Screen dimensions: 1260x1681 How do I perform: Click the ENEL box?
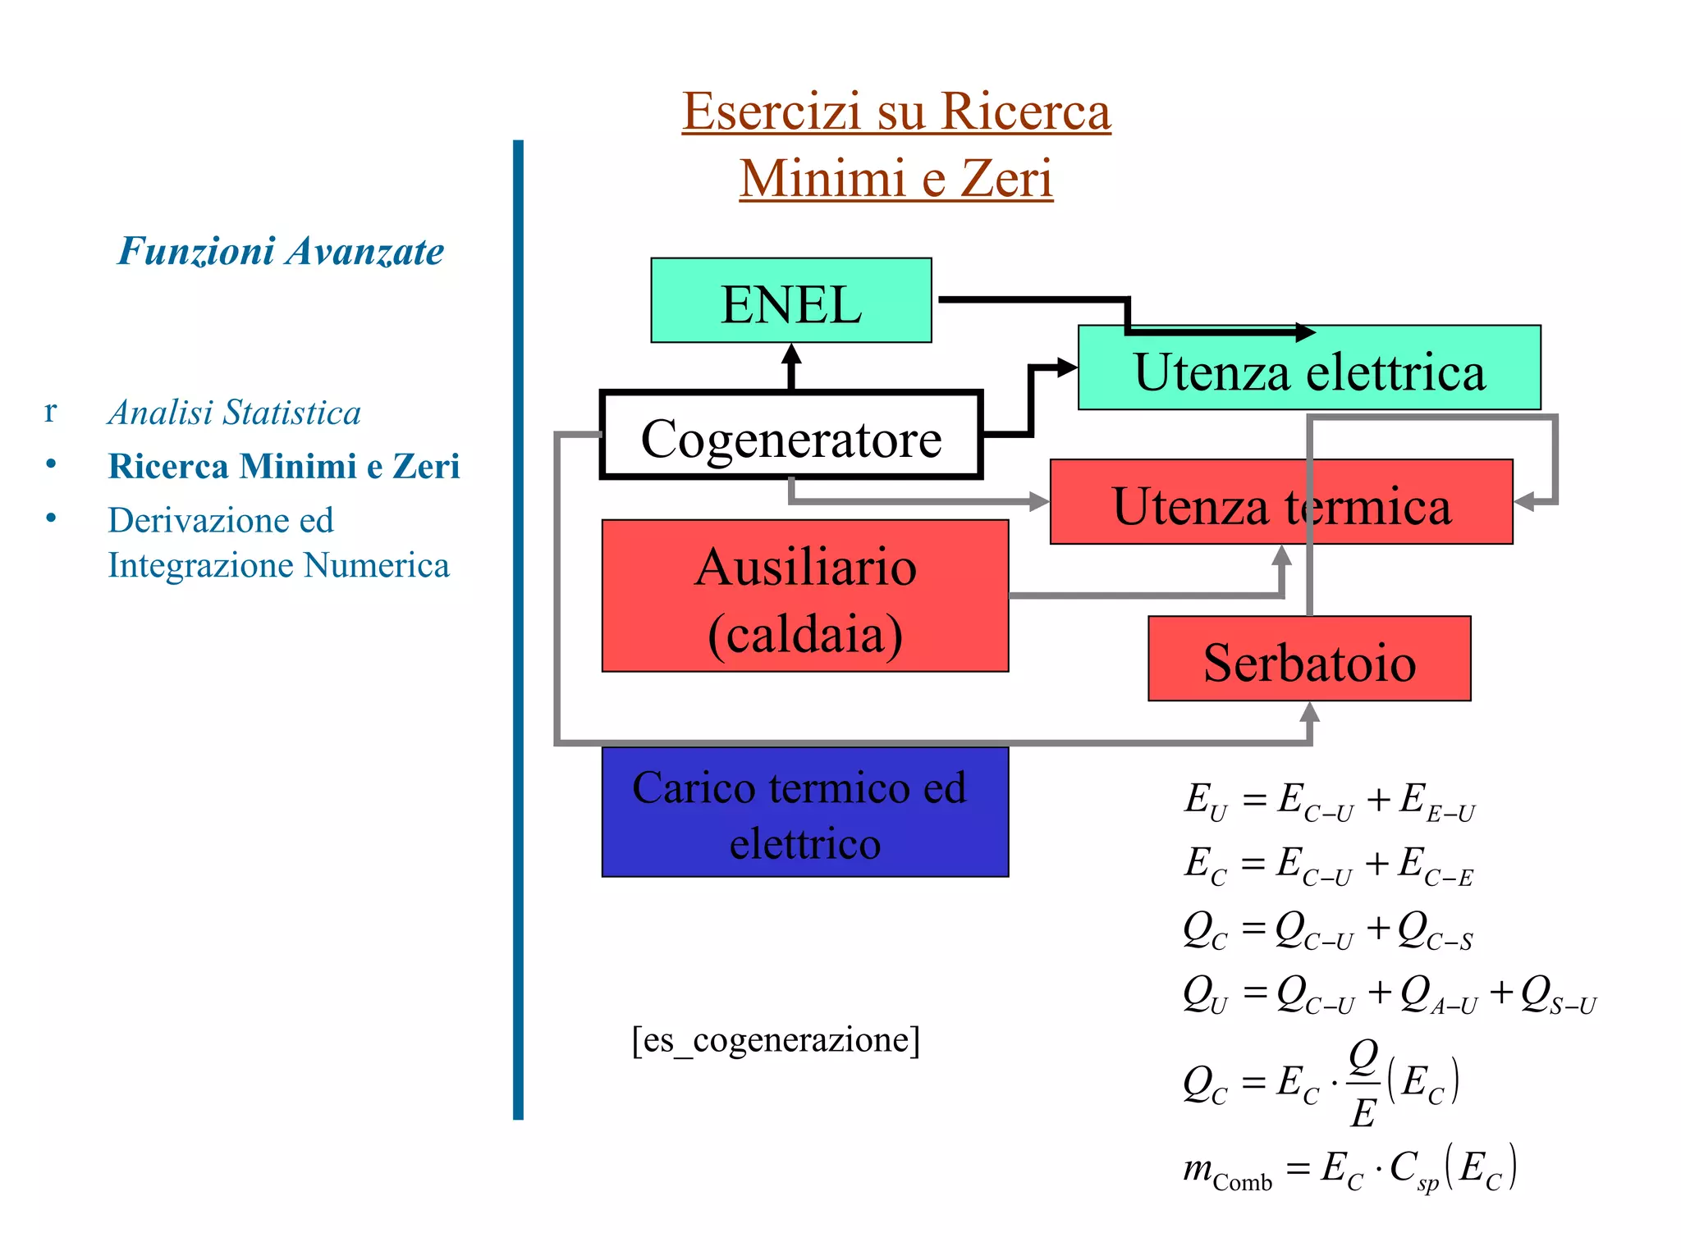click(x=790, y=301)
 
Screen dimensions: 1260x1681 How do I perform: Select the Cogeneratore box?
click(x=790, y=435)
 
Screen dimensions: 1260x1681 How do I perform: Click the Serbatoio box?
click(x=1308, y=660)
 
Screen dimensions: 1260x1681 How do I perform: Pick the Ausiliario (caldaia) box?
click(x=804, y=596)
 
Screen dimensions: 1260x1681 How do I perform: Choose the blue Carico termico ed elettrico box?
click(x=804, y=812)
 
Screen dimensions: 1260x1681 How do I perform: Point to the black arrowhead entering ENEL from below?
click(x=790, y=354)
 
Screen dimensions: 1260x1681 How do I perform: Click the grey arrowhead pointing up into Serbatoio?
click(x=1310, y=712)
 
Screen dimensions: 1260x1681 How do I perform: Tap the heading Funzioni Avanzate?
click(x=281, y=251)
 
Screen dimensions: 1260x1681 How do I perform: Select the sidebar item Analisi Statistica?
click(x=234, y=413)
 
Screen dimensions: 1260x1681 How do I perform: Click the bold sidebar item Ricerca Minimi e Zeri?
click(x=283, y=466)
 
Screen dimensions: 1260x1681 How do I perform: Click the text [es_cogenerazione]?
click(x=776, y=1040)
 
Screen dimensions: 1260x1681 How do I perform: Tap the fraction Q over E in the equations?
click(x=1363, y=1084)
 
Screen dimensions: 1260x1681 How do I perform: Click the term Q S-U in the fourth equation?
click(x=1557, y=995)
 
